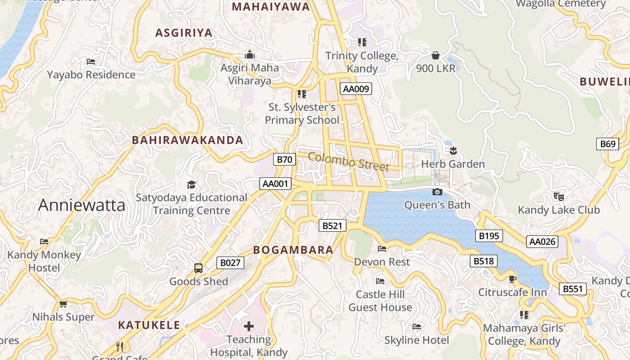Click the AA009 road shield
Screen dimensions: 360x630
point(356,89)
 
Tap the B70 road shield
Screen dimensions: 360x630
point(284,159)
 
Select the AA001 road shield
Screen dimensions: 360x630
point(275,184)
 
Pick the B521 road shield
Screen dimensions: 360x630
point(333,225)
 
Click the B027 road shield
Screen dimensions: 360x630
point(230,263)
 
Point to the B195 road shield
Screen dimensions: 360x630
point(489,236)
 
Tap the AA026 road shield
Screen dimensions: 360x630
point(542,242)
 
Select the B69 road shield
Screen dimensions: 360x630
point(607,144)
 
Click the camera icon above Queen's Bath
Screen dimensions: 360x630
point(437,192)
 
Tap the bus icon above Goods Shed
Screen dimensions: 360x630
point(198,268)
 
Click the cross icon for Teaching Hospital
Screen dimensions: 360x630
point(249,326)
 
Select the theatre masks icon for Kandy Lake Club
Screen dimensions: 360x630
point(559,197)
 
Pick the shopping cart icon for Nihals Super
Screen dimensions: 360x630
point(63,304)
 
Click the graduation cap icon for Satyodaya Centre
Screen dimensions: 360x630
point(192,184)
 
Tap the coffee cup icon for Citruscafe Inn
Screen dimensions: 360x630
point(513,279)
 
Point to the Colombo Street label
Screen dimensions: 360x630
point(349,162)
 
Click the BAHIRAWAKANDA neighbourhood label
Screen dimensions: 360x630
point(187,140)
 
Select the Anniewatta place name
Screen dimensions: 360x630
point(81,205)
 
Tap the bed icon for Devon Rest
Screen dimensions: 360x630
point(382,248)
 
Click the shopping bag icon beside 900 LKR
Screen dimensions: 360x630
point(435,55)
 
